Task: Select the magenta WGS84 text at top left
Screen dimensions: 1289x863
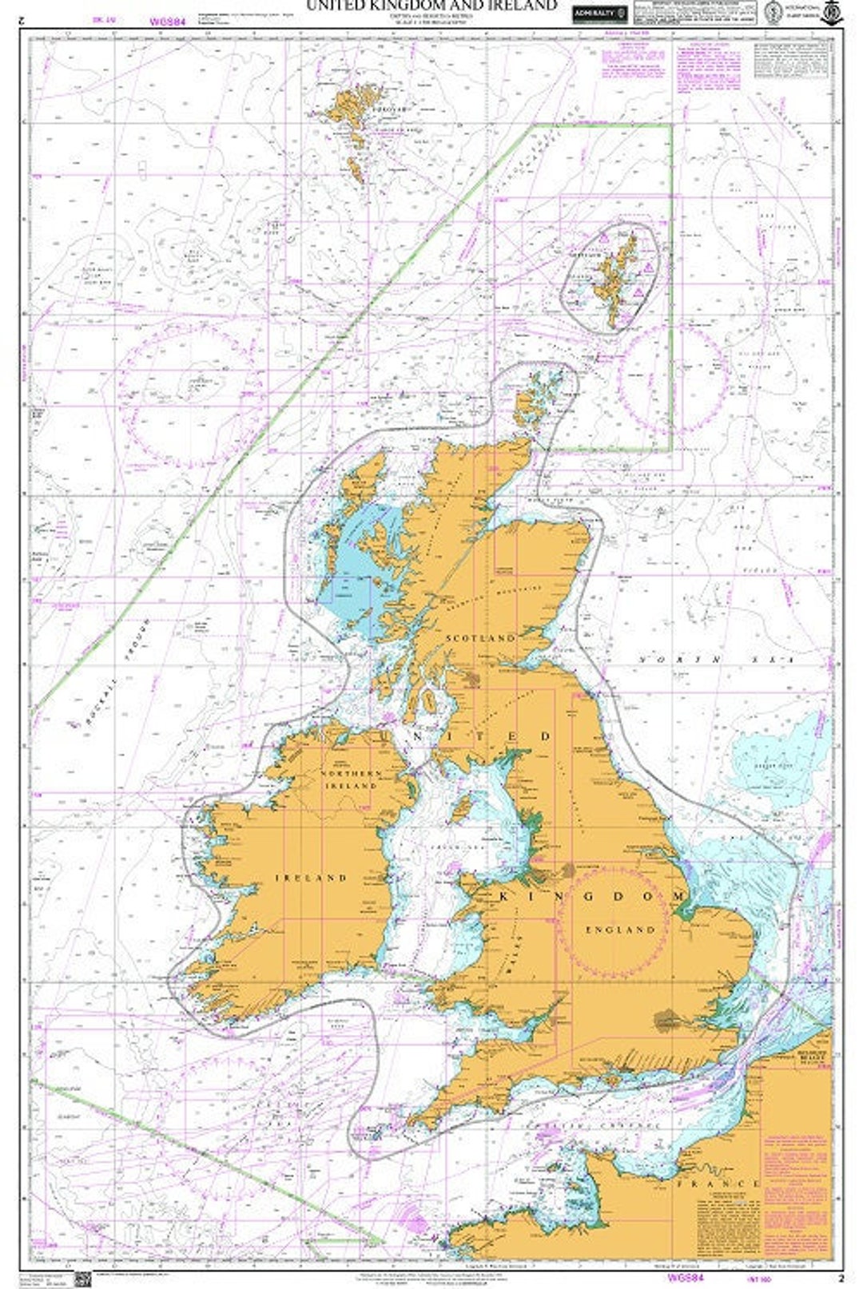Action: pyautogui.click(x=167, y=22)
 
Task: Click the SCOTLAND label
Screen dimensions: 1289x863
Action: pyautogui.click(x=481, y=639)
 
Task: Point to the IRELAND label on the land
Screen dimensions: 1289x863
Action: pyautogui.click(x=312, y=877)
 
